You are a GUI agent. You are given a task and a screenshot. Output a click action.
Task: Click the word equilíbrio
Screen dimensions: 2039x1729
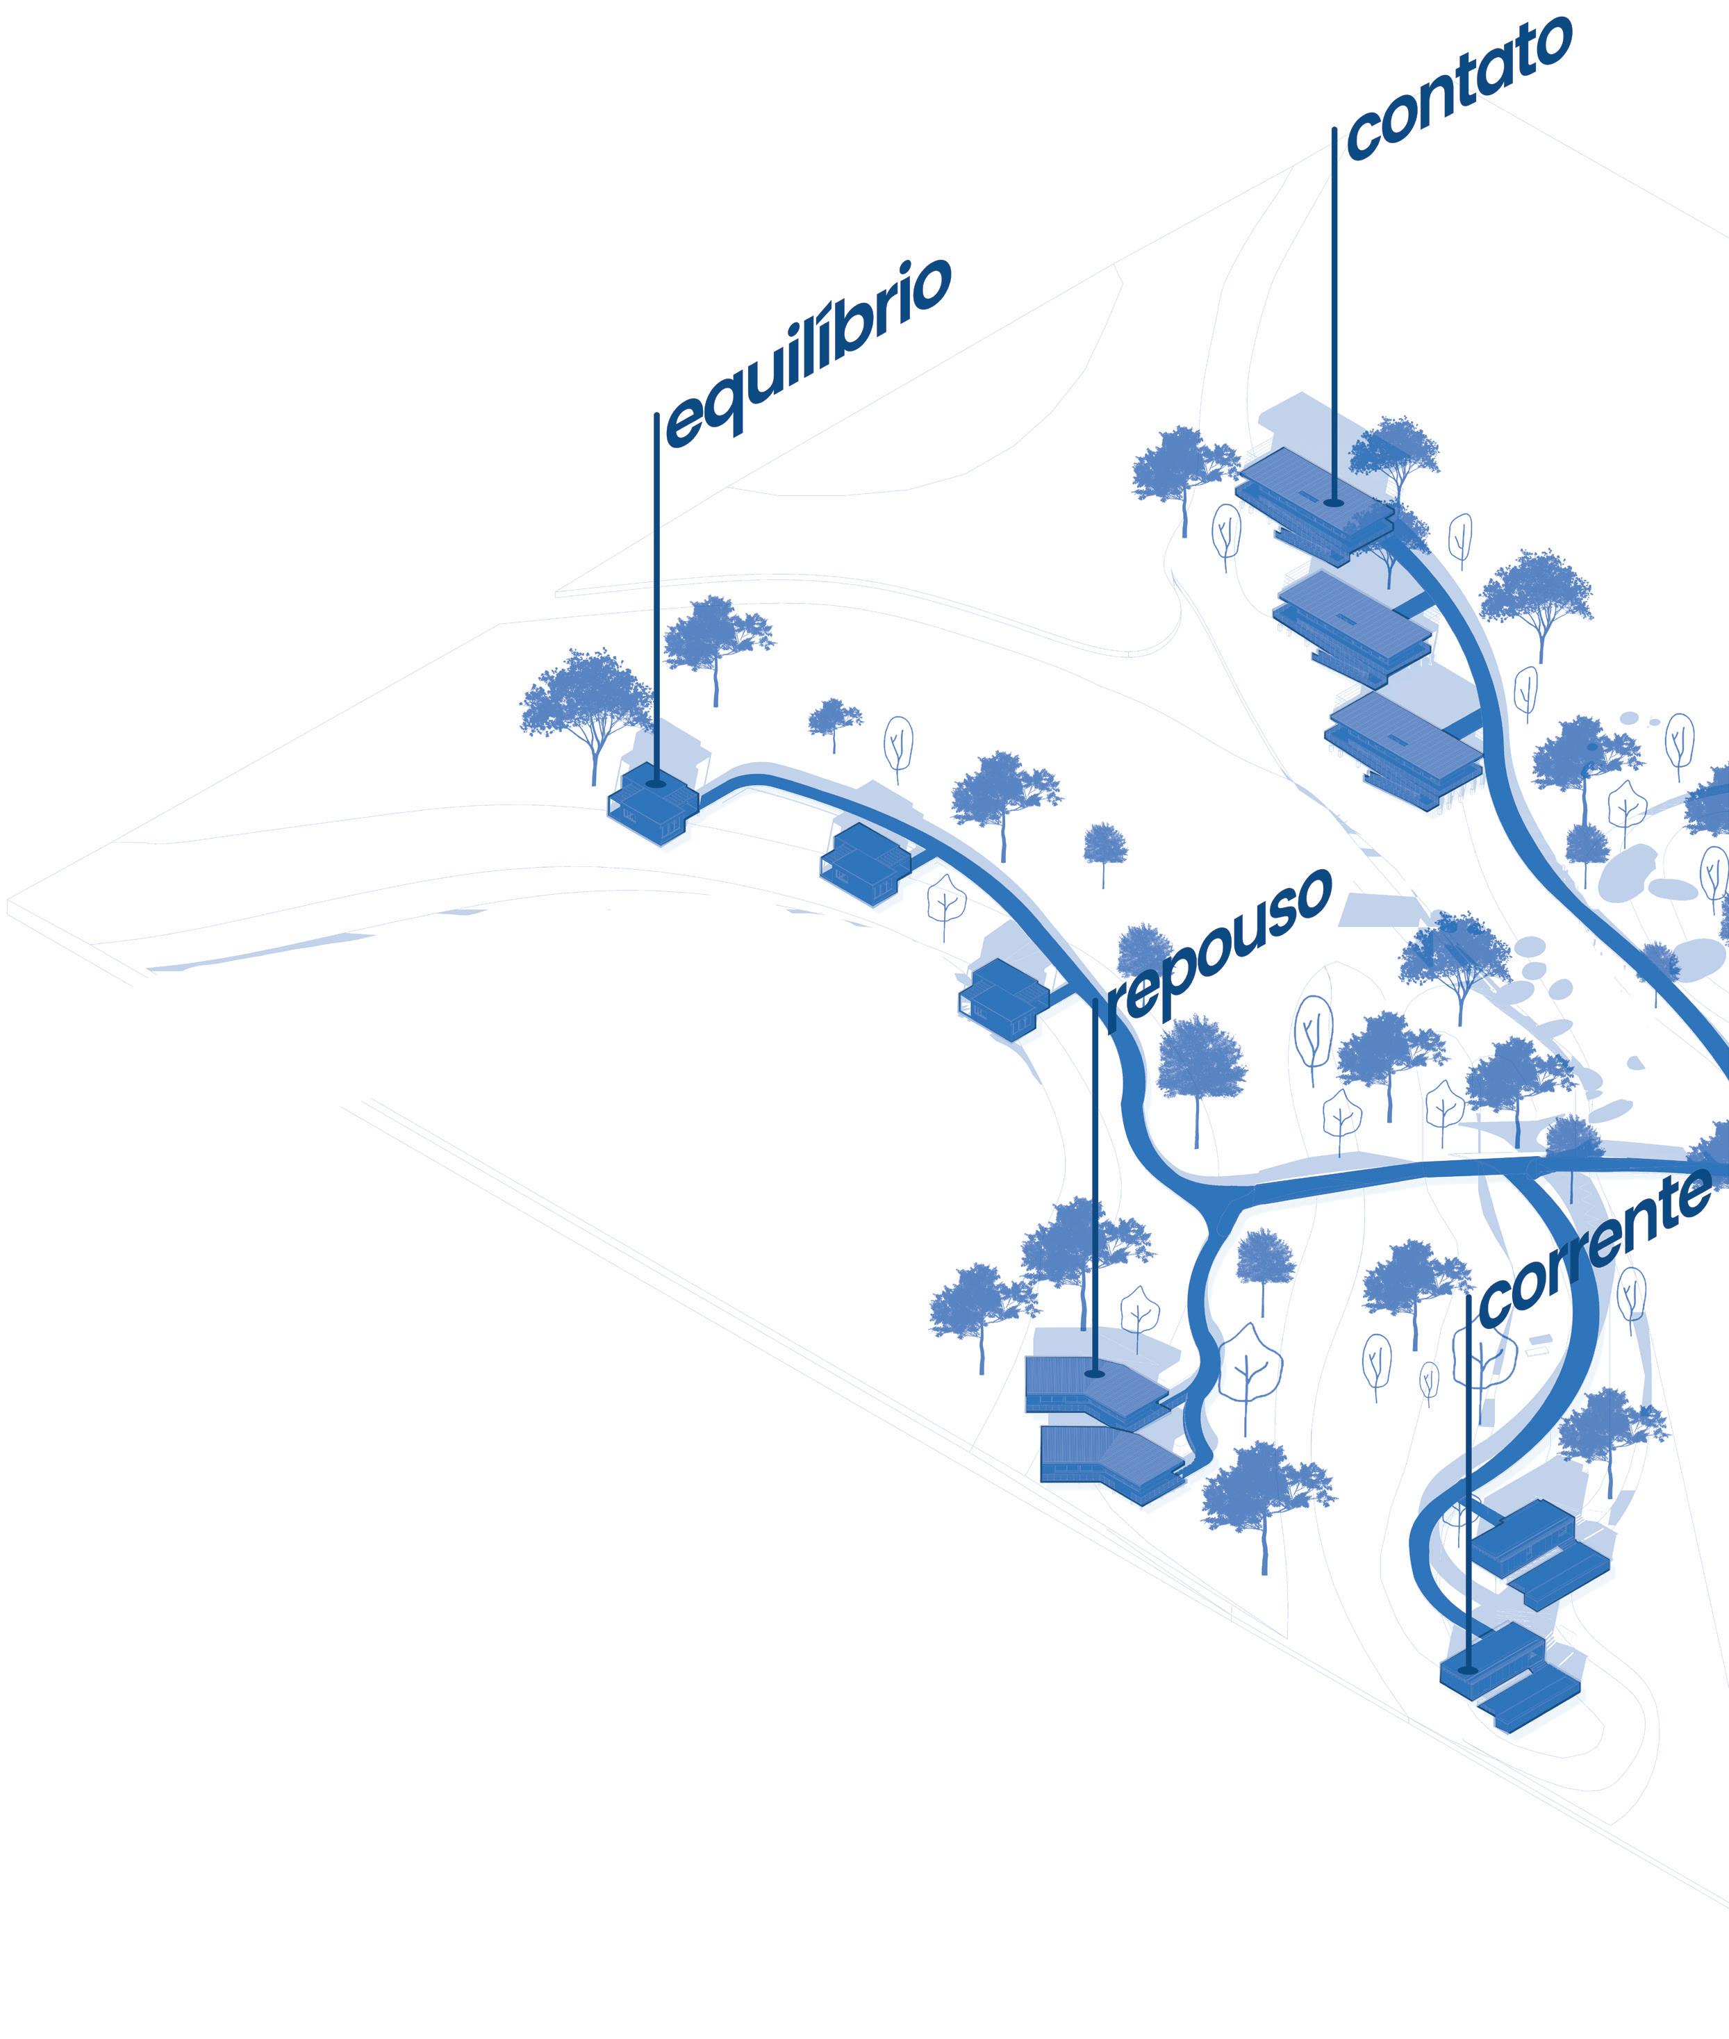tap(809, 353)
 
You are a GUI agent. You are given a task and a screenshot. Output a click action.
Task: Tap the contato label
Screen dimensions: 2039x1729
tap(1459, 88)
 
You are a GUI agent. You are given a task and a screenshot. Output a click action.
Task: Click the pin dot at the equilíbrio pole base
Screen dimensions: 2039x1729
tap(656, 782)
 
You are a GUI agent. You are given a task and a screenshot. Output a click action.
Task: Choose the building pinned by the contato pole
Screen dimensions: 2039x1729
tap(1314, 500)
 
